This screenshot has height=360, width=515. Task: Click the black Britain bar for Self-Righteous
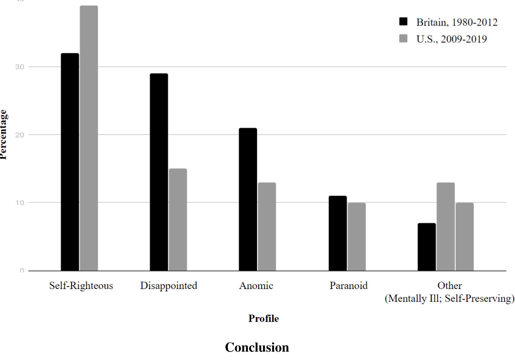[70, 162]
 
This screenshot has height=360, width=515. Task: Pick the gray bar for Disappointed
[178, 219]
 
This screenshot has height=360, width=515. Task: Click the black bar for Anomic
[248, 199]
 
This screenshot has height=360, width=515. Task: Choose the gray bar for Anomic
[267, 226]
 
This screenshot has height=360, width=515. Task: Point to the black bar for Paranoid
[337, 233]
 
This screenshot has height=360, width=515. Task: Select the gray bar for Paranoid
[357, 236]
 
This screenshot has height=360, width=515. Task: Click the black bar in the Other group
[427, 247]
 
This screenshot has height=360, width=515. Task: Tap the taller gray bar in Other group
[446, 226]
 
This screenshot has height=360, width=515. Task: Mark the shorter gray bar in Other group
[464, 236]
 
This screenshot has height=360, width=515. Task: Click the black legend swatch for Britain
[403, 22]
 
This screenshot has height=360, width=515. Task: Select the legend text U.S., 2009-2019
[451, 39]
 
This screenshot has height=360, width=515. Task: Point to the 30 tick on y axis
[20, 67]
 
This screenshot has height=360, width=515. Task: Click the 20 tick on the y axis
[20, 135]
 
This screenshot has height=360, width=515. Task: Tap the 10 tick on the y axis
[20, 202]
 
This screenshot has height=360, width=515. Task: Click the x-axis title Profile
[263, 318]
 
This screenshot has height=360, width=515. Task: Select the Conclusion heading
[257, 347]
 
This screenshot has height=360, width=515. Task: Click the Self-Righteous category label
[81, 285]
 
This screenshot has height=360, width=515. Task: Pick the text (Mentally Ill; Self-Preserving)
[449, 298]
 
